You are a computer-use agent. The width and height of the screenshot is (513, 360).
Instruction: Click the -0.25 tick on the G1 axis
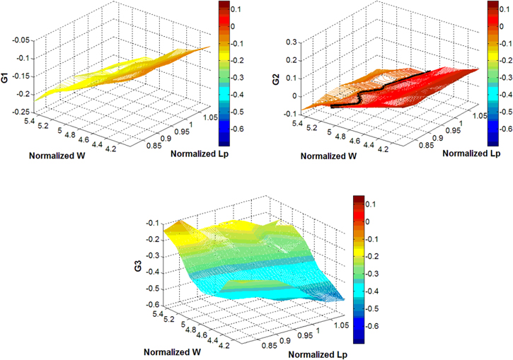coord(19,112)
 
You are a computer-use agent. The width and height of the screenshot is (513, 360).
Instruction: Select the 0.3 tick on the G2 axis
coord(290,42)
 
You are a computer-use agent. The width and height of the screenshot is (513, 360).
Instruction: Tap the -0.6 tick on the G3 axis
coord(151,305)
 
